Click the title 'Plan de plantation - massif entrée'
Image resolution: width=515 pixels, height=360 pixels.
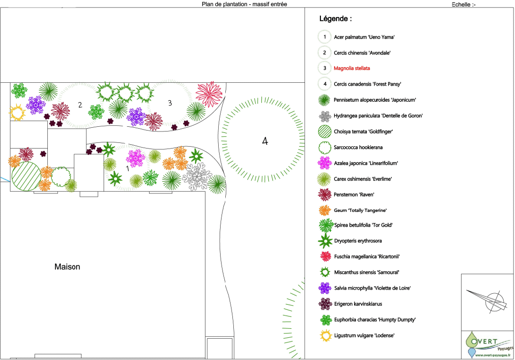[244, 4]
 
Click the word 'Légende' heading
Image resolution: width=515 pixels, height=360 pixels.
[335, 19]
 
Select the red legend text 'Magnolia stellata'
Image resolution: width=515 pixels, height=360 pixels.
[352, 68]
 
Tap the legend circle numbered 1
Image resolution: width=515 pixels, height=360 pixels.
[324, 37]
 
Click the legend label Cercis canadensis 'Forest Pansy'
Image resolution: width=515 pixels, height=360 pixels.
[367, 84]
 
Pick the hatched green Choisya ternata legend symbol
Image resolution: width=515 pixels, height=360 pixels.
[324, 132]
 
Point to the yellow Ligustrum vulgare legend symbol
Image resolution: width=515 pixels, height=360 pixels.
[324, 335]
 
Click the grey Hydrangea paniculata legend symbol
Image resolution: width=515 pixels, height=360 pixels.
[324, 116]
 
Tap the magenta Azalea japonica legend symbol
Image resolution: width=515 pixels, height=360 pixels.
[324, 163]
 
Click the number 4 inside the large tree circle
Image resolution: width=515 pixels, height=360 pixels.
[265, 141]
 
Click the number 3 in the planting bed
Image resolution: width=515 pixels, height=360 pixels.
[169, 103]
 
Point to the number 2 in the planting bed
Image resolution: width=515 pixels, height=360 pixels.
[80, 105]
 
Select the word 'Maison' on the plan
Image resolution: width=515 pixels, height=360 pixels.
[67, 267]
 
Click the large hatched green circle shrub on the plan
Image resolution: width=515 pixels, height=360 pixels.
[26, 176]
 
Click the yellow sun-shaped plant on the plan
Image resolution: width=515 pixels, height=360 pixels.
[18, 113]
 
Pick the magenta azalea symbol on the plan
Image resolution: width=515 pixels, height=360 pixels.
[135, 158]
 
